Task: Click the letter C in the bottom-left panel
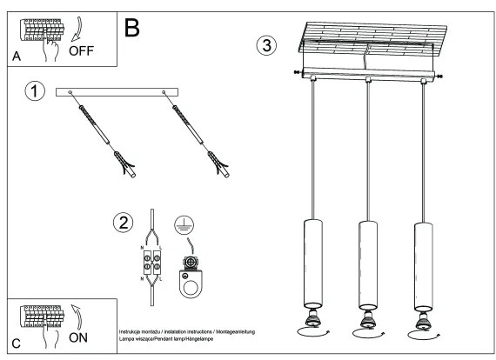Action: click(x=17, y=344)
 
